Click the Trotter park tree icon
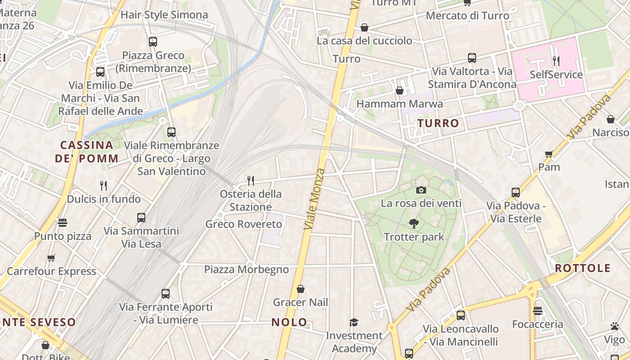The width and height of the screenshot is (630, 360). click(x=414, y=223)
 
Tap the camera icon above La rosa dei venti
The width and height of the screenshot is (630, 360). click(x=421, y=190)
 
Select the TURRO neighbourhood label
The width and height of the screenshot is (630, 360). click(x=438, y=123)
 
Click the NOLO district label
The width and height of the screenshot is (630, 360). click(x=290, y=322)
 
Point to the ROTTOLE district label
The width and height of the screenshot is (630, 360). click(x=583, y=268)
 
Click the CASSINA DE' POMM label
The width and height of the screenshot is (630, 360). click(x=87, y=152)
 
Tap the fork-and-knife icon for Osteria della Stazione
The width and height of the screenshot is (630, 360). click(x=251, y=180)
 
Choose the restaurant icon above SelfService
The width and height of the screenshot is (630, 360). click(x=556, y=61)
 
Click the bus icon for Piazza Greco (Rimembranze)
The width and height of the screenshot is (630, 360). click(x=153, y=42)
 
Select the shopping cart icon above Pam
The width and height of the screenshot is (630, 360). click(x=549, y=154)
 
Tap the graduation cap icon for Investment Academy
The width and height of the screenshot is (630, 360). click(x=354, y=322)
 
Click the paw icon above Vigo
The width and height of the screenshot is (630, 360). click(x=615, y=326)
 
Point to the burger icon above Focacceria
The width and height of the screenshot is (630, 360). click(x=538, y=311)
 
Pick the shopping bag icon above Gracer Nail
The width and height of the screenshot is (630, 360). click(x=301, y=289)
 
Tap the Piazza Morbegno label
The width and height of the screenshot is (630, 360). click(x=247, y=270)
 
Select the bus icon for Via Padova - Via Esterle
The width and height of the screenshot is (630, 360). click(x=516, y=193)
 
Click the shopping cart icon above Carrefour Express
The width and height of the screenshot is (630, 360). click(x=51, y=258)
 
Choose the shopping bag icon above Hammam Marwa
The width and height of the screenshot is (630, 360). click(x=399, y=90)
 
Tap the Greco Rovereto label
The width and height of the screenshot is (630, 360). click(x=243, y=224)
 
